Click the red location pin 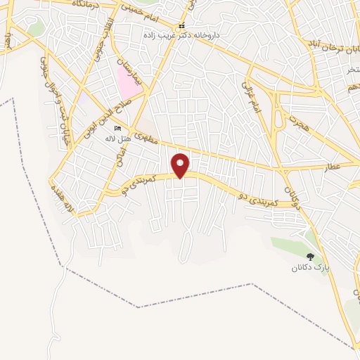181,165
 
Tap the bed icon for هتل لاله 117,128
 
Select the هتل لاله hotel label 117,139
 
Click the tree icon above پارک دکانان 310,257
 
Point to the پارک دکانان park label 311,268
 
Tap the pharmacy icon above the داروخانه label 181,26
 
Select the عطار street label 333,166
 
